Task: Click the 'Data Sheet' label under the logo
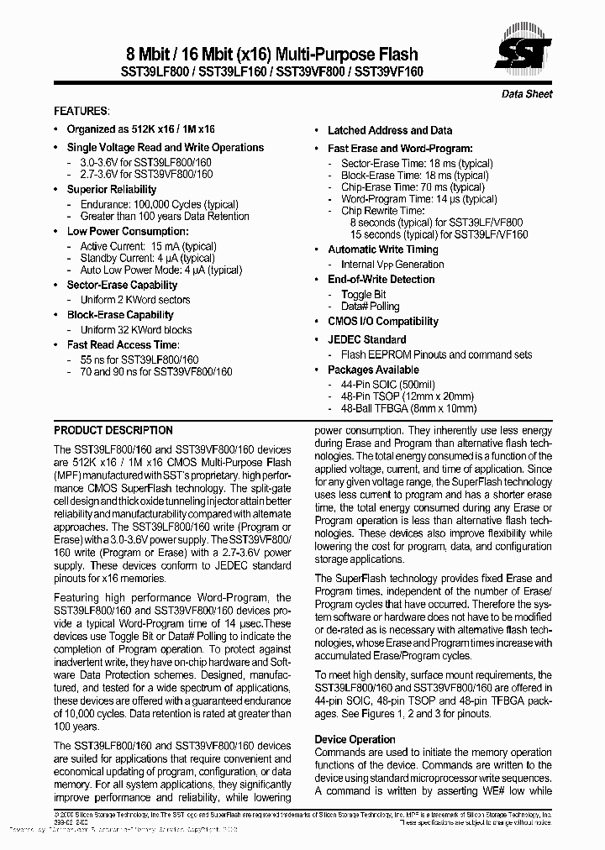[527, 94]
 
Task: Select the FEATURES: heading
[81, 111]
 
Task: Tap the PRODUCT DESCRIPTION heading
[113, 430]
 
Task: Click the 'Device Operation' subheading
[355, 739]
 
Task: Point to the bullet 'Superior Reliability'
[112, 189]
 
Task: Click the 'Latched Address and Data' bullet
[389, 130]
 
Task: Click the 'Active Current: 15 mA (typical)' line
[148, 246]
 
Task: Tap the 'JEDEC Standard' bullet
[366, 339]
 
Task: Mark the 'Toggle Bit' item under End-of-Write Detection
[363, 295]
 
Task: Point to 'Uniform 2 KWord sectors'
[134, 300]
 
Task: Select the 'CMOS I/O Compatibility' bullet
[382, 321]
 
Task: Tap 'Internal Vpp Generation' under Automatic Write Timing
[392, 265]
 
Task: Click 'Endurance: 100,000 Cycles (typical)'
[159, 204]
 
